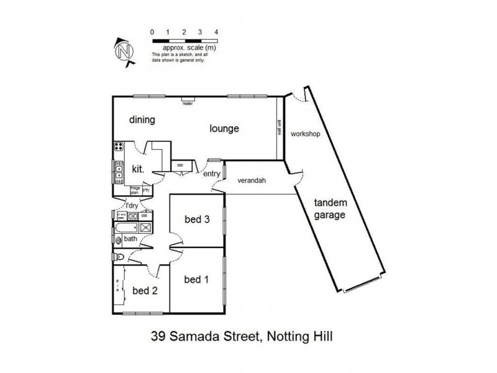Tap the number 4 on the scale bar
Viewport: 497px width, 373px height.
point(216,31)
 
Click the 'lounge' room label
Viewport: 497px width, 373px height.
point(224,129)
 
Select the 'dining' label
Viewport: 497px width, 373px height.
point(142,119)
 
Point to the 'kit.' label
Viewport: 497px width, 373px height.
point(137,168)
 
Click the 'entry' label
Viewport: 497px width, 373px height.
point(211,173)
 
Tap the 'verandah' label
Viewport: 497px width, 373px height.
point(252,181)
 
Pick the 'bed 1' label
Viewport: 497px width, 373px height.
point(196,280)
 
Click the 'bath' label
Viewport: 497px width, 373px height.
point(130,239)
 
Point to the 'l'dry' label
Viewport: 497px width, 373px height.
point(132,205)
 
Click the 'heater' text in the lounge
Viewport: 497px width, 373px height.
point(188,104)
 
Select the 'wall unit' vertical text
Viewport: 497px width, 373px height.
point(280,127)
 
